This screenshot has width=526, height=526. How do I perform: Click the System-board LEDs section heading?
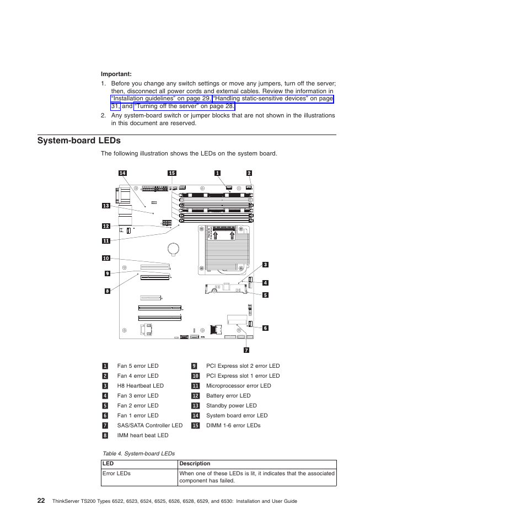[79, 141]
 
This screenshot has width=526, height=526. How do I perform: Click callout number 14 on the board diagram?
[122, 173]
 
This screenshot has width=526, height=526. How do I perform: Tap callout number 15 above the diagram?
[171, 173]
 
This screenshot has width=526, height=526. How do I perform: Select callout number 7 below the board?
[246, 350]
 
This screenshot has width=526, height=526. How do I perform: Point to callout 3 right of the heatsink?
[265, 265]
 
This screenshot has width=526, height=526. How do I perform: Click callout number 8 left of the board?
[108, 291]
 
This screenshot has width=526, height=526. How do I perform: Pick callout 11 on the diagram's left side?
[106, 240]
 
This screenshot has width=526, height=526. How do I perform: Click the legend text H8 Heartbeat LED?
[140, 386]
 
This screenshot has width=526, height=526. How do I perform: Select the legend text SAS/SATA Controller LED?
[149, 426]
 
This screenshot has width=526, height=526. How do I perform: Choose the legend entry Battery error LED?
[228, 396]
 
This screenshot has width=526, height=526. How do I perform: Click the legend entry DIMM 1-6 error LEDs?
[233, 426]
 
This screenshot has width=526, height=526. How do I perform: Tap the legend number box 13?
[195, 406]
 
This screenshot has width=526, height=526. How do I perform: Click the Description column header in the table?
[195, 464]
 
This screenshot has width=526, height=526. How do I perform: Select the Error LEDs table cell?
[116, 474]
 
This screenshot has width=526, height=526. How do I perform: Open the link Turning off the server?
[184, 106]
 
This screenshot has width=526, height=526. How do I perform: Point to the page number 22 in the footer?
[41, 501]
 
